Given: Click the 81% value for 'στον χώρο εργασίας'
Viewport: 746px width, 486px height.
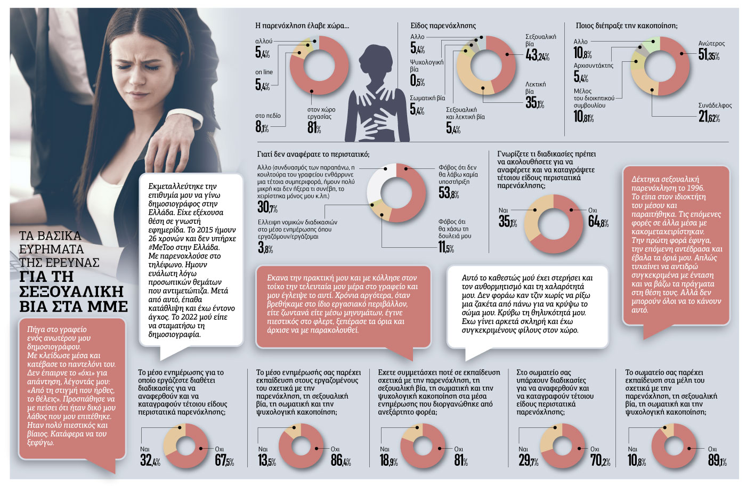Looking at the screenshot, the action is tap(314, 127).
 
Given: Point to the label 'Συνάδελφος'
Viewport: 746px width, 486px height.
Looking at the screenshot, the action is tap(715, 106).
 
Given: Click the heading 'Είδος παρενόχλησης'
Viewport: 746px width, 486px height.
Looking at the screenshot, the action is tap(443, 26).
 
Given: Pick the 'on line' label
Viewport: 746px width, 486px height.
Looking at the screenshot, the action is tap(264, 72).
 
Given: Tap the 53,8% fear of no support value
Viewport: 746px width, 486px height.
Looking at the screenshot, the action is tap(449, 193).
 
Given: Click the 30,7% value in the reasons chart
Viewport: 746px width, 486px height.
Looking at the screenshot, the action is tap(267, 207).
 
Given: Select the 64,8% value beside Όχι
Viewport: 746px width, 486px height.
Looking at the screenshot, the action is tap(598, 222).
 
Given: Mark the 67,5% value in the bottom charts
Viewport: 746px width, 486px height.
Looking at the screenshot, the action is tap(224, 460).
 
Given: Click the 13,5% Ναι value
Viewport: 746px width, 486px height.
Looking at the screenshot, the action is tap(267, 460).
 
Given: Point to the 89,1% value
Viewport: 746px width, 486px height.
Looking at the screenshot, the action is tap(717, 460).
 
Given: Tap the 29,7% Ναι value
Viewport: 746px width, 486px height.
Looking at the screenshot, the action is tap(528, 460).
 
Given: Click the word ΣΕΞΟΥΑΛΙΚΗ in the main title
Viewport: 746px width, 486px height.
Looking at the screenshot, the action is tap(71, 292).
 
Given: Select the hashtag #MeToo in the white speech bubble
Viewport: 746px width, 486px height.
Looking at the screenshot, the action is tap(161, 247).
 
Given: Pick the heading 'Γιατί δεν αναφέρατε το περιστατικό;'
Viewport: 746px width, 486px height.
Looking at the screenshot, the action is tap(313, 154).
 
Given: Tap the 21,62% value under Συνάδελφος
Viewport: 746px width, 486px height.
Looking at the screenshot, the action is tap(709, 117).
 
